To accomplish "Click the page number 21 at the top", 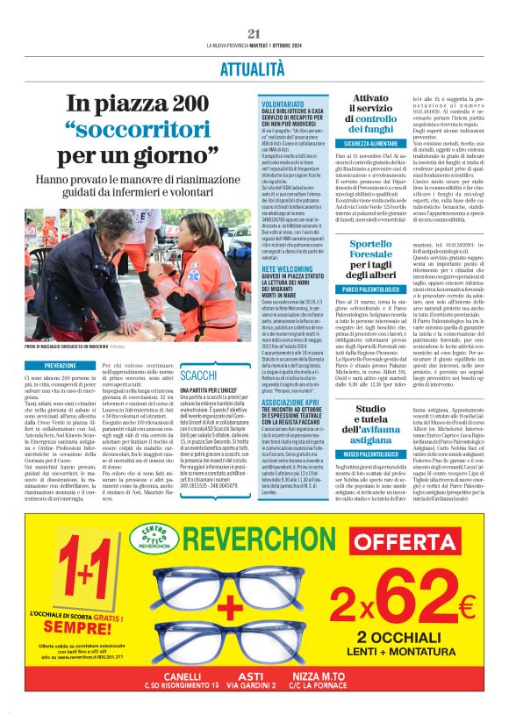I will coord(254,33).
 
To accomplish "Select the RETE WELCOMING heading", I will coord(286,270).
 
